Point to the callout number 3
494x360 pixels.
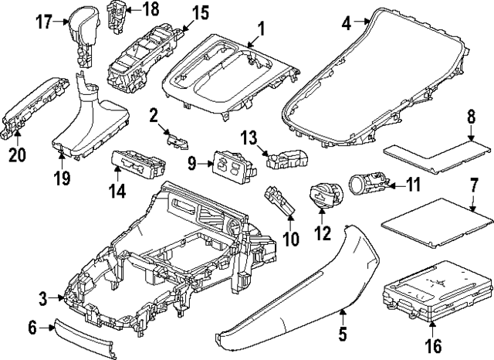(x=44, y=297)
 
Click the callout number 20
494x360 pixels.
(x=16, y=155)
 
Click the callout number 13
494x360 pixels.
(x=248, y=137)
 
